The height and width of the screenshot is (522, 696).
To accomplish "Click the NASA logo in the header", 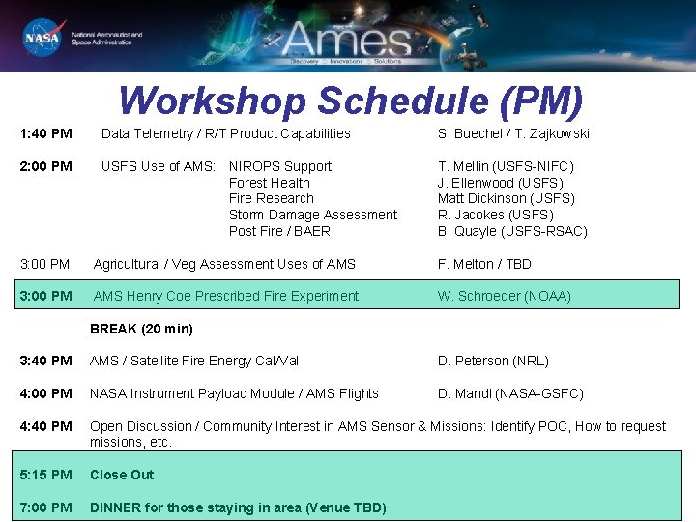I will tap(42, 38).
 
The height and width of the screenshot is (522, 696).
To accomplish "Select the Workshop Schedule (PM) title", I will tap(351, 101).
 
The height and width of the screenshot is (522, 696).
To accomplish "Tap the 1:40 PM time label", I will tap(45, 133).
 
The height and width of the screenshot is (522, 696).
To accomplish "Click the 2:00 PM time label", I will tap(45, 166).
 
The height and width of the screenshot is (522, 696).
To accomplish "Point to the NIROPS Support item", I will tap(279, 166).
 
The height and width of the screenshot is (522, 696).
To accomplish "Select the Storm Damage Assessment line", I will tap(312, 215).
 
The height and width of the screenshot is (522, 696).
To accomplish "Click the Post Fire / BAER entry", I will tap(279, 231).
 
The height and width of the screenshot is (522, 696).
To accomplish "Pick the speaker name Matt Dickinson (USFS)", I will tap(506, 198).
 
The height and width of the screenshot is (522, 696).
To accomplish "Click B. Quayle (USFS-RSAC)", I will tap(512, 231).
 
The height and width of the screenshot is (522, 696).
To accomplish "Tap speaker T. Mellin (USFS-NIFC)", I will tap(506, 166).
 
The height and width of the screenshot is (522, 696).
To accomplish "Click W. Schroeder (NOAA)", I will tap(504, 296).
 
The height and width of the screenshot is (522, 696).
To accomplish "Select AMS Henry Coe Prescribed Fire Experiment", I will tap(225, 296).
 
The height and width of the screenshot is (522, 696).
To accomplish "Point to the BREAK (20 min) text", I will tap(141, 329).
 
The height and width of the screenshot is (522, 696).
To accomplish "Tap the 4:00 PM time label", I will tap(45, 393).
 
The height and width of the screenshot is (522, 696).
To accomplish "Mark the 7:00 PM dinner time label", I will tap(45, 507).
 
